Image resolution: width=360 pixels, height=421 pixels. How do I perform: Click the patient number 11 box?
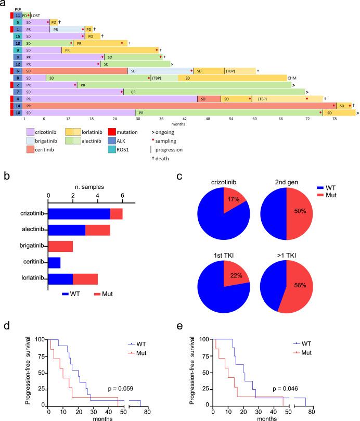(17, 16)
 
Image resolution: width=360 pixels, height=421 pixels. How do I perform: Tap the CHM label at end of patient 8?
(291, 78)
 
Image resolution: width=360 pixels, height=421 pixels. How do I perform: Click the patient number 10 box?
(17, 112)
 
